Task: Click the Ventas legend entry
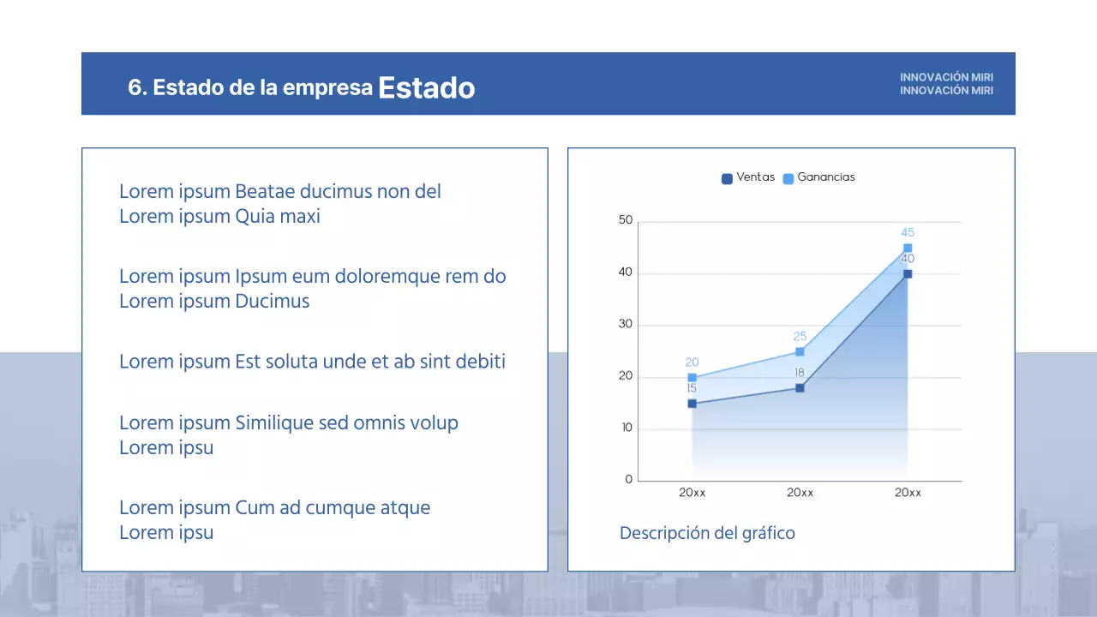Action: coord(748,177)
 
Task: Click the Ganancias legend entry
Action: coord(819,177)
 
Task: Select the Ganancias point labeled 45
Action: coord(908,249)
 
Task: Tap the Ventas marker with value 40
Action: coord(908,274)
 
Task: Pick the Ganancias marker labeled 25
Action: coord(800,351)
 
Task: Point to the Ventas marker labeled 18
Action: coord(800,388)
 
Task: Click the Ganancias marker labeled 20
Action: coord(692,378)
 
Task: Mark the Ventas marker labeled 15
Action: coord(692,404)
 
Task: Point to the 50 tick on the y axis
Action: coord(626,221)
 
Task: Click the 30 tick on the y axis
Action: coord(626,325)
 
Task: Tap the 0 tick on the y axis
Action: coord(629,480)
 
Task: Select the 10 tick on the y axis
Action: coord(626,428)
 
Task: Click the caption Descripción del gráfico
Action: coord(707,533)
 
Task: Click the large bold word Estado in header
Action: coord(426,87)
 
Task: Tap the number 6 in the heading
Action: coord(134,87)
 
